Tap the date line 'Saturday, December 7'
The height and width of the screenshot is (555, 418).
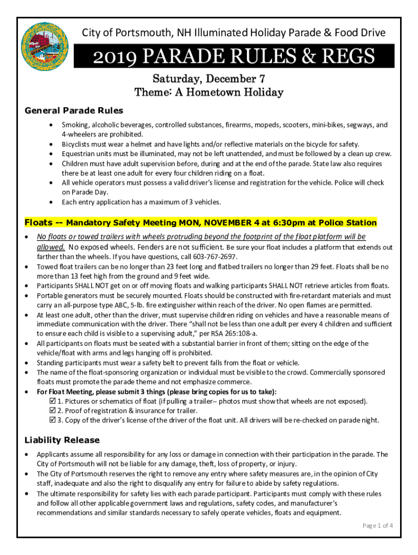point(208,79)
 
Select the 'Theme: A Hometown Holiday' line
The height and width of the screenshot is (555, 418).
point(208,92)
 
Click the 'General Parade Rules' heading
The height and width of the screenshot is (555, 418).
point(74,111)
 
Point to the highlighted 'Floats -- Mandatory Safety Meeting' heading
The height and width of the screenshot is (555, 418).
point(200,223)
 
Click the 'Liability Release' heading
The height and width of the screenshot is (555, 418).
point(62,440)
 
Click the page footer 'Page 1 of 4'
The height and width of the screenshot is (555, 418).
point(378,525)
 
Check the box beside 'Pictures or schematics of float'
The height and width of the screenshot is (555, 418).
point(53,402)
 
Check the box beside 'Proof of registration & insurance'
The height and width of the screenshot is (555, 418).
point(53,411)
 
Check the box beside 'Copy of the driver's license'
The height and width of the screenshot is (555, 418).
point(53,421)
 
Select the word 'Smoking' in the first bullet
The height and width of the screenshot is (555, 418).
point(75,125)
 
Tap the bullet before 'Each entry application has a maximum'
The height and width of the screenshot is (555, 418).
point(50,202)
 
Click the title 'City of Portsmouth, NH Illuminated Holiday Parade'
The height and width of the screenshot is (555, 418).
point(233,33)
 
